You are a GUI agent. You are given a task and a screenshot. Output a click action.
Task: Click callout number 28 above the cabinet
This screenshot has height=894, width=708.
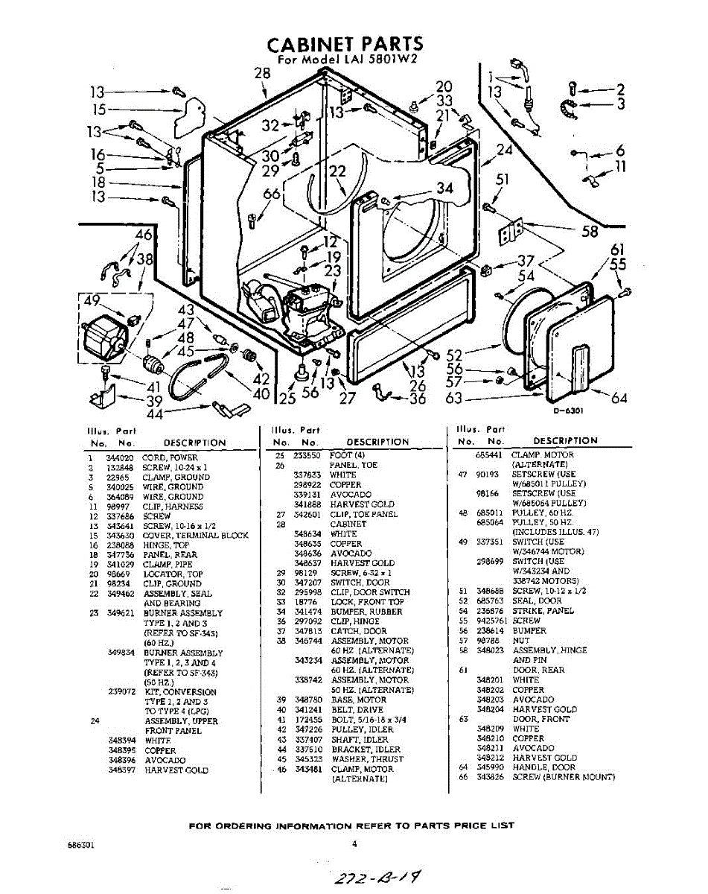coord(262,73)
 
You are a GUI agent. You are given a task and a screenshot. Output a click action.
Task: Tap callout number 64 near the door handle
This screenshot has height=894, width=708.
coord(619,398)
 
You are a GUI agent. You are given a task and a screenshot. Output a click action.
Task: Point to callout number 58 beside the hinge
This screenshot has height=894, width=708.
coord(590,232)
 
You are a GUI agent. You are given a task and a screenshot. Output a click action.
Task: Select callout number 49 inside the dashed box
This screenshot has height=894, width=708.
coord(92,301)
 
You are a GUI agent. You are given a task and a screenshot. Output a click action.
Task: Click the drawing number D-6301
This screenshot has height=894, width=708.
coord(567,410)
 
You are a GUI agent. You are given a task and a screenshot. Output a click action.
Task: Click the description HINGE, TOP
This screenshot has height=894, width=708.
coord(162,545)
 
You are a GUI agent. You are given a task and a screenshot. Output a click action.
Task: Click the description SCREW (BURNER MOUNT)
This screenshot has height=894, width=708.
coord(563,777)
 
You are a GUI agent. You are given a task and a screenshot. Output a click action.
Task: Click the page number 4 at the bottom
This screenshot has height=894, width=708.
coord(354,844)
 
